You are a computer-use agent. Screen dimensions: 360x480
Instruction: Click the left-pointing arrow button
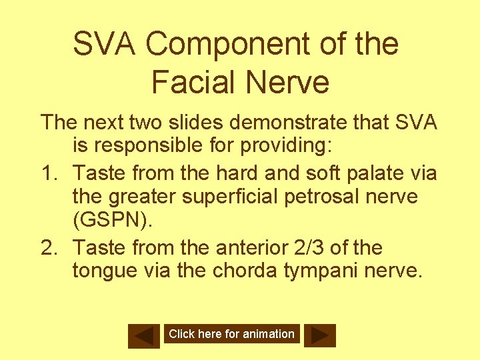pyautogui.click(x=144, y=335)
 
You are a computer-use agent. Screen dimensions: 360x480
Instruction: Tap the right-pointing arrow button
pyautogui.click(x=320, y=335)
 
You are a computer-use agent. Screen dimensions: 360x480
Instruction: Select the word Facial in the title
pyautogui.click(x=193, y=83)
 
